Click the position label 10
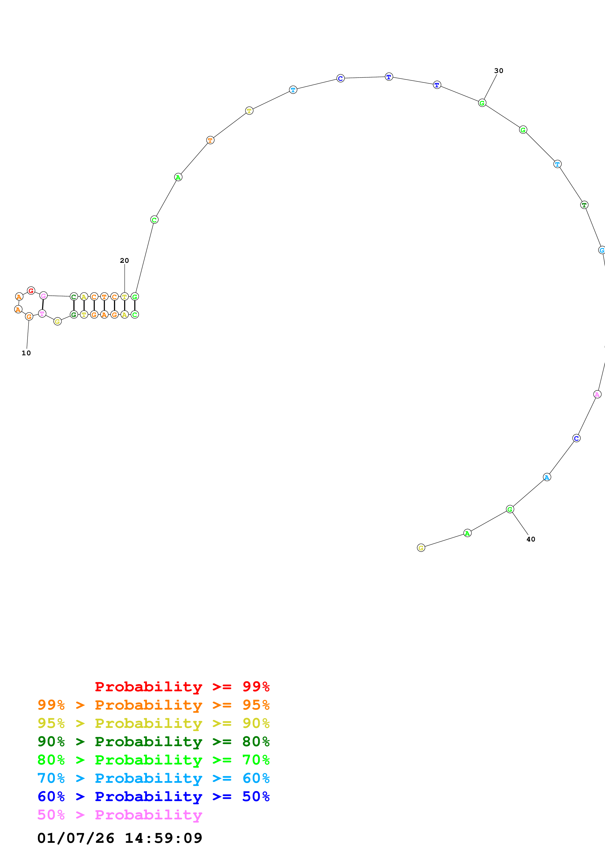click(x=26, y=353)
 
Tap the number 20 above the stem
click(x=124, y=261)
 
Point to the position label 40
click(x=531, y=539)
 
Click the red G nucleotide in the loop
click(x=31, y=290)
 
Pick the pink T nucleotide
click(x=42, y=314)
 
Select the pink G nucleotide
click(x=44, y=296)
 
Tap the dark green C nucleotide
click(x=74, y=297)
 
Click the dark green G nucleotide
click(x=74, y=315)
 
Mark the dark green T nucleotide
click(x=584, y=205)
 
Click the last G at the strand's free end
click(x=421, y=548)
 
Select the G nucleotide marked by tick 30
click(x=482, y=103)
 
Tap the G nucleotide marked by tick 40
click(x=510, y=509)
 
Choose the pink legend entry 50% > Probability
click(x=120, y=815)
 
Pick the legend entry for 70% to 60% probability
click(x=153, y=778)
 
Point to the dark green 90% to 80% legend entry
click(x=153, y=742)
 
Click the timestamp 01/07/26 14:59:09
click(x=120, y=838)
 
